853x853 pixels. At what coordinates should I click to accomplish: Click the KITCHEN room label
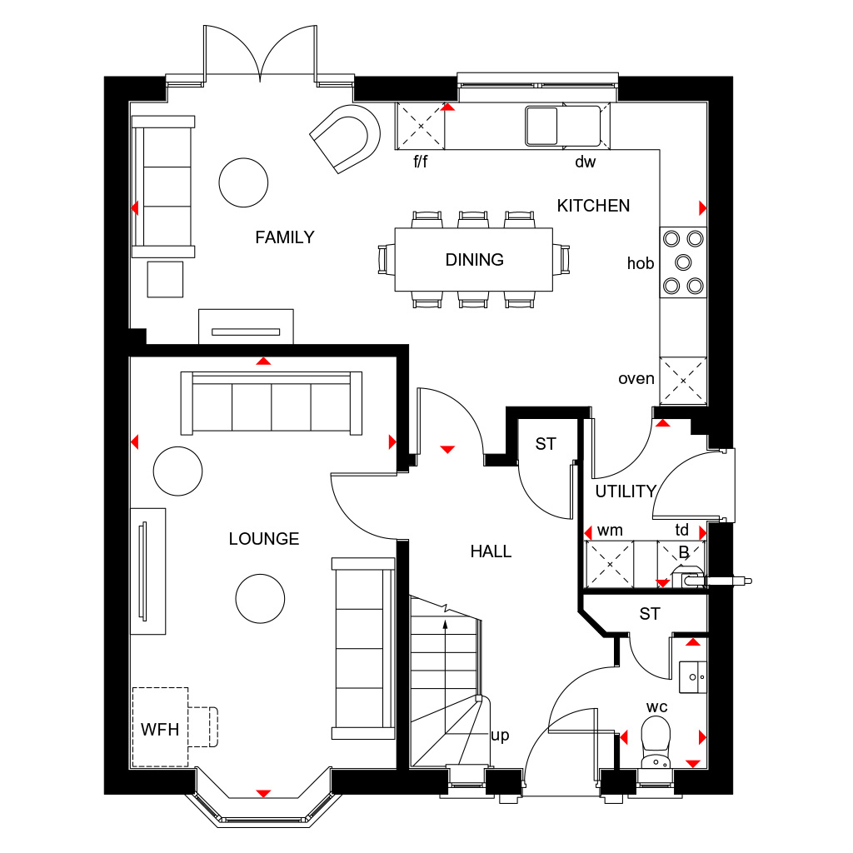click(593, 206)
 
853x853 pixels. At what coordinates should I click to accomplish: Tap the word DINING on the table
click(474, 260)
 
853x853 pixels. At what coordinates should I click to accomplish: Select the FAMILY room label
click(285, 237)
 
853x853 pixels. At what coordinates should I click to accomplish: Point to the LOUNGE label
click(264, 539)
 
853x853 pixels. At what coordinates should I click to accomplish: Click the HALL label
click(491, 551)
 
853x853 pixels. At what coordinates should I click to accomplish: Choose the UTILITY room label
click(626, 491)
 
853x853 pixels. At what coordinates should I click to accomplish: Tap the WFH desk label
click(160, 730)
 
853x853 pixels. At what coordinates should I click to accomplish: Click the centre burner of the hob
click(683, 262)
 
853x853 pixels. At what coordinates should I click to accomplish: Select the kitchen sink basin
click(541, 127)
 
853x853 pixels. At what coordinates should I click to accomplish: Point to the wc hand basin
click(693, 677)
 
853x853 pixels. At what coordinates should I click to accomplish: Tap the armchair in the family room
click(347, 138)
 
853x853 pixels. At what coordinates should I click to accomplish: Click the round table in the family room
click(243, 182)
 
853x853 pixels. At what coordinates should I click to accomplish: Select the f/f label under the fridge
click(421, 161)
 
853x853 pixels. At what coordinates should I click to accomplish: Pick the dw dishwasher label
click(586, 162)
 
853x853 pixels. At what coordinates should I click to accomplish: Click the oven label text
click(636, 379)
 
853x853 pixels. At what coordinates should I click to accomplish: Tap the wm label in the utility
click(610, 531)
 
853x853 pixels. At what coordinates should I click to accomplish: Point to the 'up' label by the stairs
click(500, 736)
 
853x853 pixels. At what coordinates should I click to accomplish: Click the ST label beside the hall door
click(546, 444)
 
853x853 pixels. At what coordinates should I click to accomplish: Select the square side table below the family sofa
click(166, 279)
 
